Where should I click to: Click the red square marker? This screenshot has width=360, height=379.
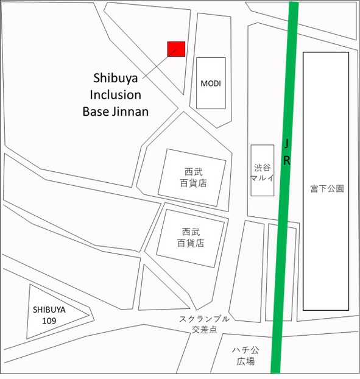(x=176, y=49)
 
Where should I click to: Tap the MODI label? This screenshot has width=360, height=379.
(x=211, y=83)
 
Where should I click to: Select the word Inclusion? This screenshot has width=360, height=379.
(x=115, y=95)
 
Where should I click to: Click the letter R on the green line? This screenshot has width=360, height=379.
(x=287, y=161)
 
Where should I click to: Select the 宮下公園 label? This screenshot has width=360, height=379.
(x=326, y=188)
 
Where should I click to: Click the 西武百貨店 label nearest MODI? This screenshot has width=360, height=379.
(x=192, y=177)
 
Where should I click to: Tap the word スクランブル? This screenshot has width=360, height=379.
(x=204, y=319)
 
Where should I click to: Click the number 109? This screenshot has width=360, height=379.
(x=49, y=321)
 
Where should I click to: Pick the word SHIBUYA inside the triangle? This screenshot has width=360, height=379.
(x=49, y=310)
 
